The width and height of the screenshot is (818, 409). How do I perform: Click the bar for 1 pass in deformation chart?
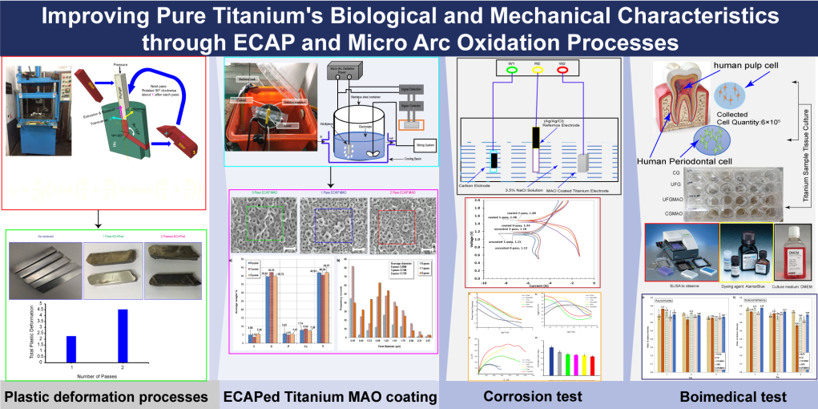[x=71, y=349]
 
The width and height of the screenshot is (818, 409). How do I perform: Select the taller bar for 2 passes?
[x=123, y=335]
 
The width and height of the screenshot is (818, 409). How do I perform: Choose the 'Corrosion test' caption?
[x=532, y=396]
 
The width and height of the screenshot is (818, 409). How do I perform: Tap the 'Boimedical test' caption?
[x=720, y=396]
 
